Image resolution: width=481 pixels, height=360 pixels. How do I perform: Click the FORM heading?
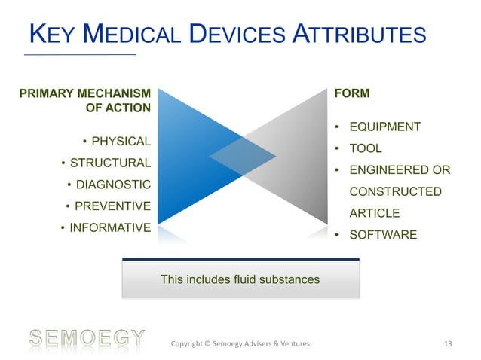coord(351,94)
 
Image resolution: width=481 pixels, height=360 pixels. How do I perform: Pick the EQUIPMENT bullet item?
coord(383,127)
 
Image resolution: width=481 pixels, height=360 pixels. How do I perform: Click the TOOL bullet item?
coord(364,148)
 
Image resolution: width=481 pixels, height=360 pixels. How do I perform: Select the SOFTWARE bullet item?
coord(381,235)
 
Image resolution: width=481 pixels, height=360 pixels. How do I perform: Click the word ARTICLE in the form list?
coord(373,213)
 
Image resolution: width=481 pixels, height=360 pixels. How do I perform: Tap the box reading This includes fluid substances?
coord(240,279)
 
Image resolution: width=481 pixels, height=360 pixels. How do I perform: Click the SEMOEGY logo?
coord(85,337)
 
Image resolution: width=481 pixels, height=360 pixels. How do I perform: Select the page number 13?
coord(448,345)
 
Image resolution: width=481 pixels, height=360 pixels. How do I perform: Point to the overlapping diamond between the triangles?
coord(240,157)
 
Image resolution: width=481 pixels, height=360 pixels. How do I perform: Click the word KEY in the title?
coord(52,35)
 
